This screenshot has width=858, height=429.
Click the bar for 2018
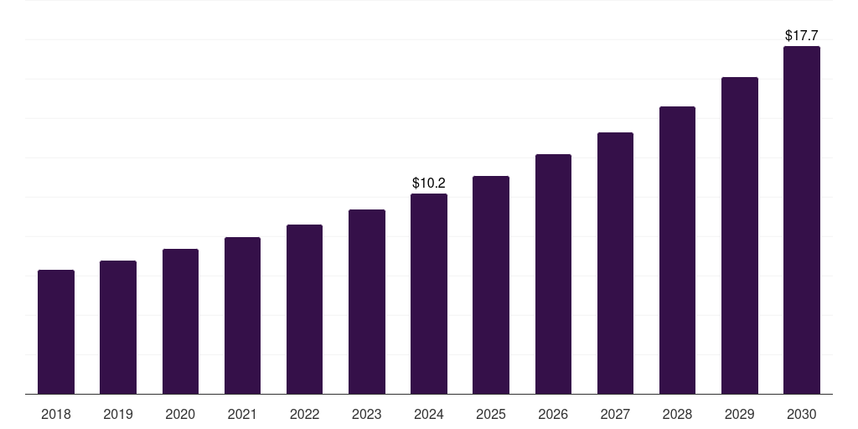pos(56,332)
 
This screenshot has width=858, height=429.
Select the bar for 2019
pos(118,328)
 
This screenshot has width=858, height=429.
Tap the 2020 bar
pos(180,322)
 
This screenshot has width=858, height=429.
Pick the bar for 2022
pos(304,309)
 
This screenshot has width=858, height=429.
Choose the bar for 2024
pos(429,294)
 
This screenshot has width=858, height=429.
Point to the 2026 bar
pos(553,274)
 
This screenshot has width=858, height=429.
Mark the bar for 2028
pos(677,251)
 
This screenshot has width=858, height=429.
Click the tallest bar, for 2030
pos(801,220)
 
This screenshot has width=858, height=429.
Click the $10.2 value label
pos(429,183)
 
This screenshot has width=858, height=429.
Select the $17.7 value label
pos(801,36)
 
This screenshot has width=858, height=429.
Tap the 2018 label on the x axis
pos(56,414)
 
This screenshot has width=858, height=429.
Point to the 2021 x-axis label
pos(242,414)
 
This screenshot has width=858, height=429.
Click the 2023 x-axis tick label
pos(367,414)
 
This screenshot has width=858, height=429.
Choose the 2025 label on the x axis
pos(491,414)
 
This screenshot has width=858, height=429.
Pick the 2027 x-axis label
pos(615,414)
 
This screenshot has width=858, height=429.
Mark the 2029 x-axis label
pos(739,414)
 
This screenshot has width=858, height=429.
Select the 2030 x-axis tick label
pos(801,414)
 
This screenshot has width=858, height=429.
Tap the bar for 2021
pos(242,316)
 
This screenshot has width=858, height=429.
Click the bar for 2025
pos(491,285)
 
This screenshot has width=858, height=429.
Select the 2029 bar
pos(739,235)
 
